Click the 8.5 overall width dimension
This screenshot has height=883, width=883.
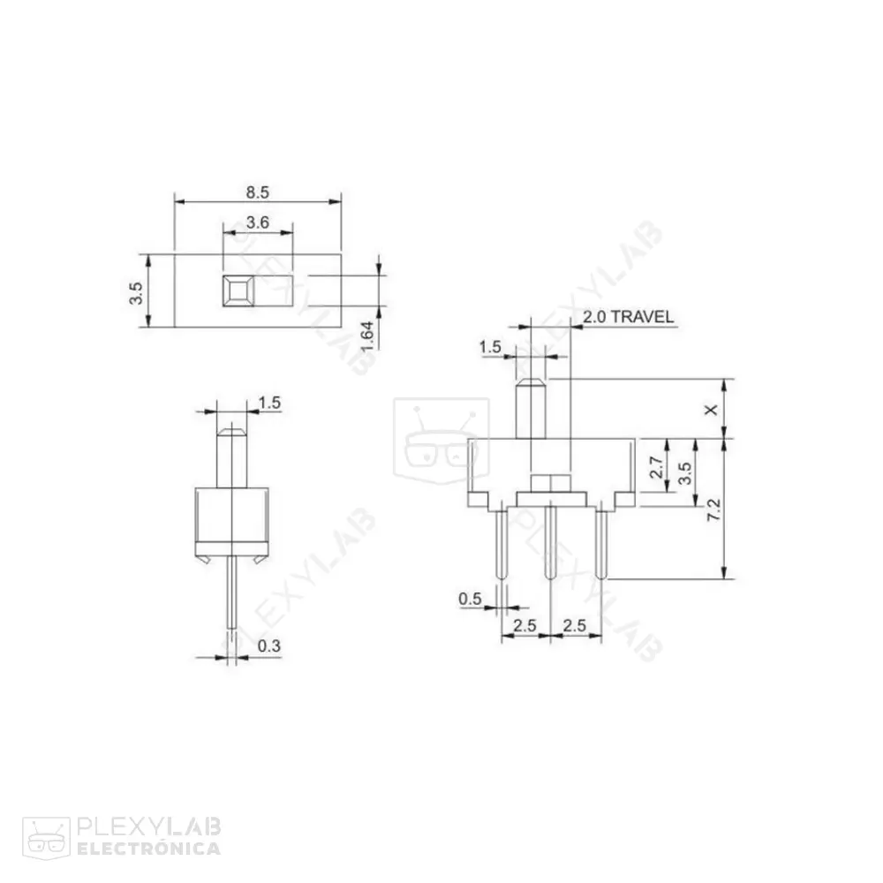click(x=257, y=191)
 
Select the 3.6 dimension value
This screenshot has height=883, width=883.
click(x=257, y=223)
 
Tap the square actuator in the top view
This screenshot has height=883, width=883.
click(x=237, y=291)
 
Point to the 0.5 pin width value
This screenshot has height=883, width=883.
click(x=470, y=600)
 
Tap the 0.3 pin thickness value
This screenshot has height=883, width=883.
click(x=269, y=647)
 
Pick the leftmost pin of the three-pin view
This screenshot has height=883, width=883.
click(x=502, y=543)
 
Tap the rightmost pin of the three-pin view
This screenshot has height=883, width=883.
click(x=601, y=543)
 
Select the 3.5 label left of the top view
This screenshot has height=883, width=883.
click(x=134, y=292)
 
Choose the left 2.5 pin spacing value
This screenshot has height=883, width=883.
click(x=525, y=625)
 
